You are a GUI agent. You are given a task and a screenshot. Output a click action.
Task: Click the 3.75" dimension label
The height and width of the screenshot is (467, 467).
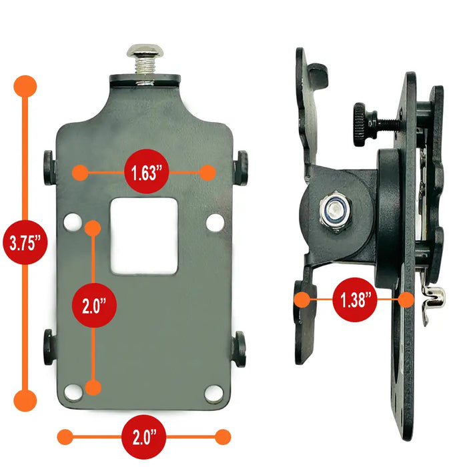pyautogui.click(x=25, y=242)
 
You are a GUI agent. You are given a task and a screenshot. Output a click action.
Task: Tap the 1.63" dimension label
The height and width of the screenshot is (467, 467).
pyautogui.click(x=147, y=172)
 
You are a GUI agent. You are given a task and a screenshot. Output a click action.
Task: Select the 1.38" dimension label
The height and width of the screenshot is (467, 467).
pyautogui.click(x=355, y=300)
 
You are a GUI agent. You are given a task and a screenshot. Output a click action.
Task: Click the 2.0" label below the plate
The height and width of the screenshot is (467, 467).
pyautogui.click(x=144, y=437)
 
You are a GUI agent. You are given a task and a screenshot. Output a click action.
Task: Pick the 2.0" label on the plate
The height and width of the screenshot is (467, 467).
pyautogui.click(x=94, y=306)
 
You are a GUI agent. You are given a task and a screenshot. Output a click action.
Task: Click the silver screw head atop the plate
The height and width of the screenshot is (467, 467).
pyautogui.click(x=145, y=51)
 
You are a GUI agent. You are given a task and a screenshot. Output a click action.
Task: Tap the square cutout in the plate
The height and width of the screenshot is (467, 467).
pyautogui.click(x=144, y=236)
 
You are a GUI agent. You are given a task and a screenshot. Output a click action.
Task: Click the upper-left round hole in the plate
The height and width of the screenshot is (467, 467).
pyautogui.click(x=73, y=222)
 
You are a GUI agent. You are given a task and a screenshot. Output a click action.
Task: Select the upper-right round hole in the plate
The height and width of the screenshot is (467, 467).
pyautogui.click(x=215, y=222)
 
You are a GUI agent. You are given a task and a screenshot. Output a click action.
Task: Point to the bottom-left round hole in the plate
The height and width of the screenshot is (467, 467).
pyautogui.click(x=73, y=392)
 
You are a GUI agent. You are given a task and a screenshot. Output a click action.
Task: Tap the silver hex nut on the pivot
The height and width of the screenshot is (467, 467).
pyautogui.click(x=336, y=211)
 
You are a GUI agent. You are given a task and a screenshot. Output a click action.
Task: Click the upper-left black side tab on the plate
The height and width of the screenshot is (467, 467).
pyautogui.click(x=49, y=167)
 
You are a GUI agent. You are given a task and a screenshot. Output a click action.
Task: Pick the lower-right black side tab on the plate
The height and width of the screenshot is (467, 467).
pyautogui.click(x=239, y=349)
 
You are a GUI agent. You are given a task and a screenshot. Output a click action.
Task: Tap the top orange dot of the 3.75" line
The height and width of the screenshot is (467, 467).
pyautogui.click(x=25, y=86)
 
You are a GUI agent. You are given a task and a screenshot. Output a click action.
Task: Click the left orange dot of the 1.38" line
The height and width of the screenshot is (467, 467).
pyautogui.click(x=302, y=300)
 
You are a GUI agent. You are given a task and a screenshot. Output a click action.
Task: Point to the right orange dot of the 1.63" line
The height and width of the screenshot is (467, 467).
pyautogui.click(x=207, y=173)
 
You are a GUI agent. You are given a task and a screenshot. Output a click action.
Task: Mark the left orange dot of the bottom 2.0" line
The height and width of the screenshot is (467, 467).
pyautogui.click(x=65, y=437)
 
